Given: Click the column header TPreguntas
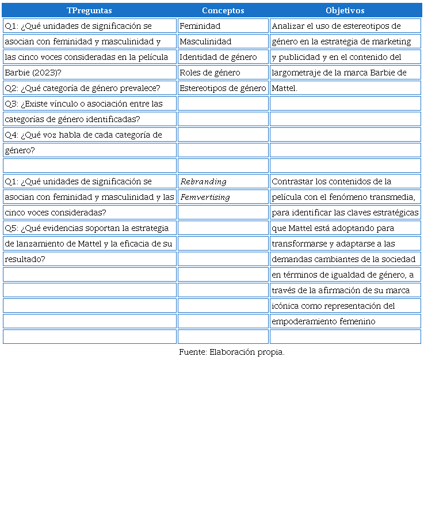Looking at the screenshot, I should point(89,10).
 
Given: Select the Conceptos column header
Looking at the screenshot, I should point(223,10).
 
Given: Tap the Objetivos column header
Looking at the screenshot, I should point(345,10).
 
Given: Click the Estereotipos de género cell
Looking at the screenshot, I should point(223,88).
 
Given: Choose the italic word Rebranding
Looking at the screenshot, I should point(204,181).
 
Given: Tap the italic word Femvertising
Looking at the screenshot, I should point(205,197).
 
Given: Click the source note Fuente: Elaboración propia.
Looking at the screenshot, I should point(231,352).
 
